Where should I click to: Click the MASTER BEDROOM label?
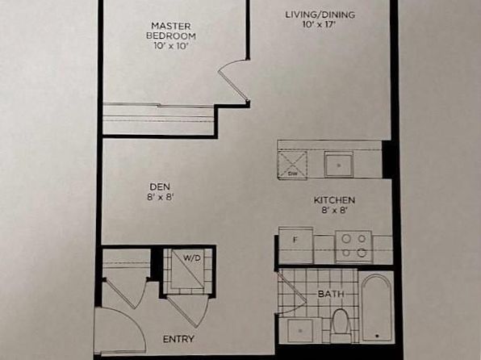171,31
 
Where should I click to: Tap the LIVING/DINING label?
320,15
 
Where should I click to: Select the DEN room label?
160,186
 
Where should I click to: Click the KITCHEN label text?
334,200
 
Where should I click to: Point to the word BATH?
331,294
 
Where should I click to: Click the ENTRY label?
178,339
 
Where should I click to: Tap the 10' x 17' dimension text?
318,25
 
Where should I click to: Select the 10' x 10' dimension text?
170,46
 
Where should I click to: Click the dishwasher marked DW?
292,165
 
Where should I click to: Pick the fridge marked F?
295,245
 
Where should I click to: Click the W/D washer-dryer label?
192,258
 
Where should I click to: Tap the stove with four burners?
354,246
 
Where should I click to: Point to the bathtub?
377,308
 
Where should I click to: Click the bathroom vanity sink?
300,331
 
